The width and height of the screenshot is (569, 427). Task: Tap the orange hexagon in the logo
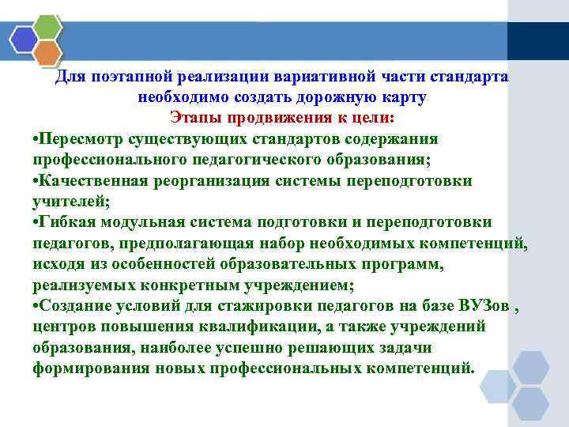click(48, 53)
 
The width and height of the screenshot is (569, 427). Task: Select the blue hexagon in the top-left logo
click(24, 39)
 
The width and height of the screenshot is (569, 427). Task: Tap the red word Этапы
click(195, 118)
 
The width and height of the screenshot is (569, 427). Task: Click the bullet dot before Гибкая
click(36, 222)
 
